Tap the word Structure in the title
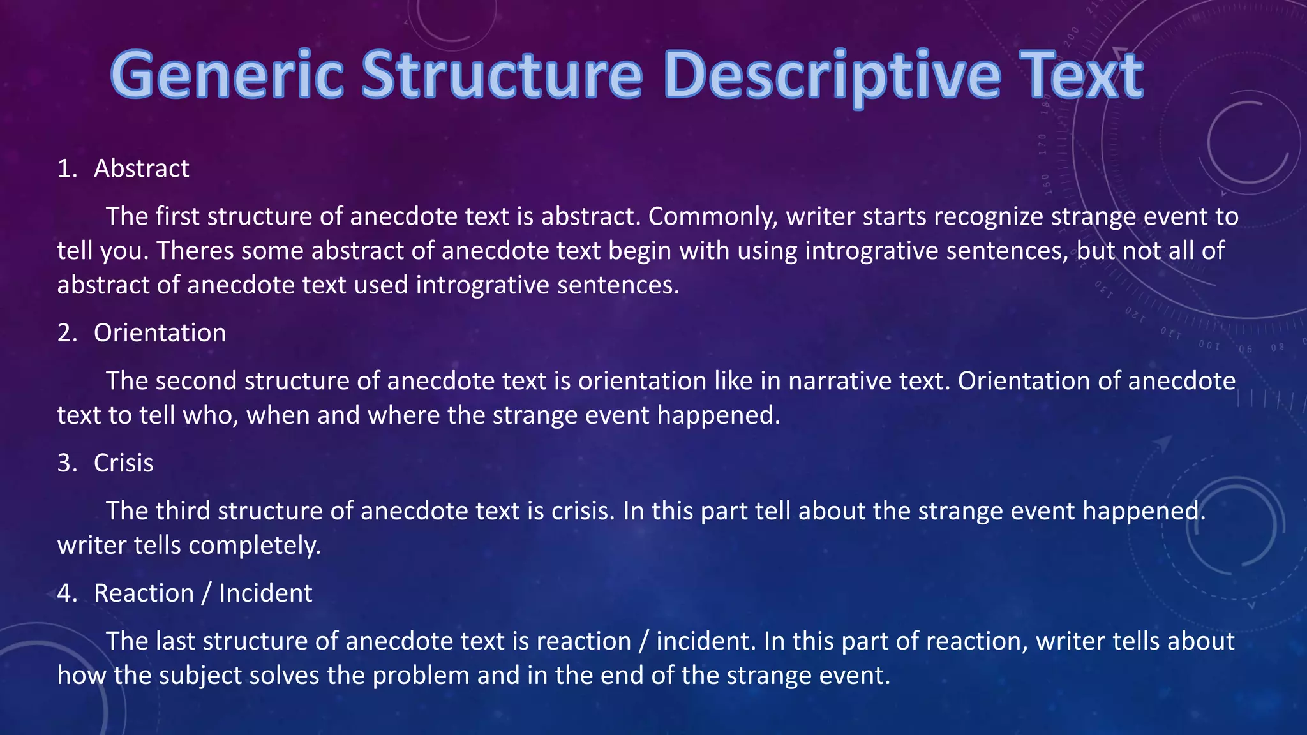pos(502,75)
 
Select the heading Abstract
pos(141,168)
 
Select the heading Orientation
pos(160,333)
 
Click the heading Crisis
pos(123,463)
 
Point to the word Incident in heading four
pos(265,593)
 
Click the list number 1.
pos(66,168)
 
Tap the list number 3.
pos(66,463)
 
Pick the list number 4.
pos(66,593)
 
